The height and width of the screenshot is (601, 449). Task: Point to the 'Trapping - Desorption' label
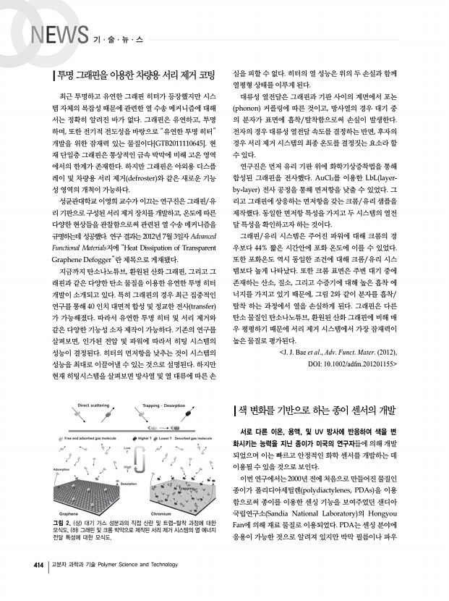(x=162, y=406)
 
